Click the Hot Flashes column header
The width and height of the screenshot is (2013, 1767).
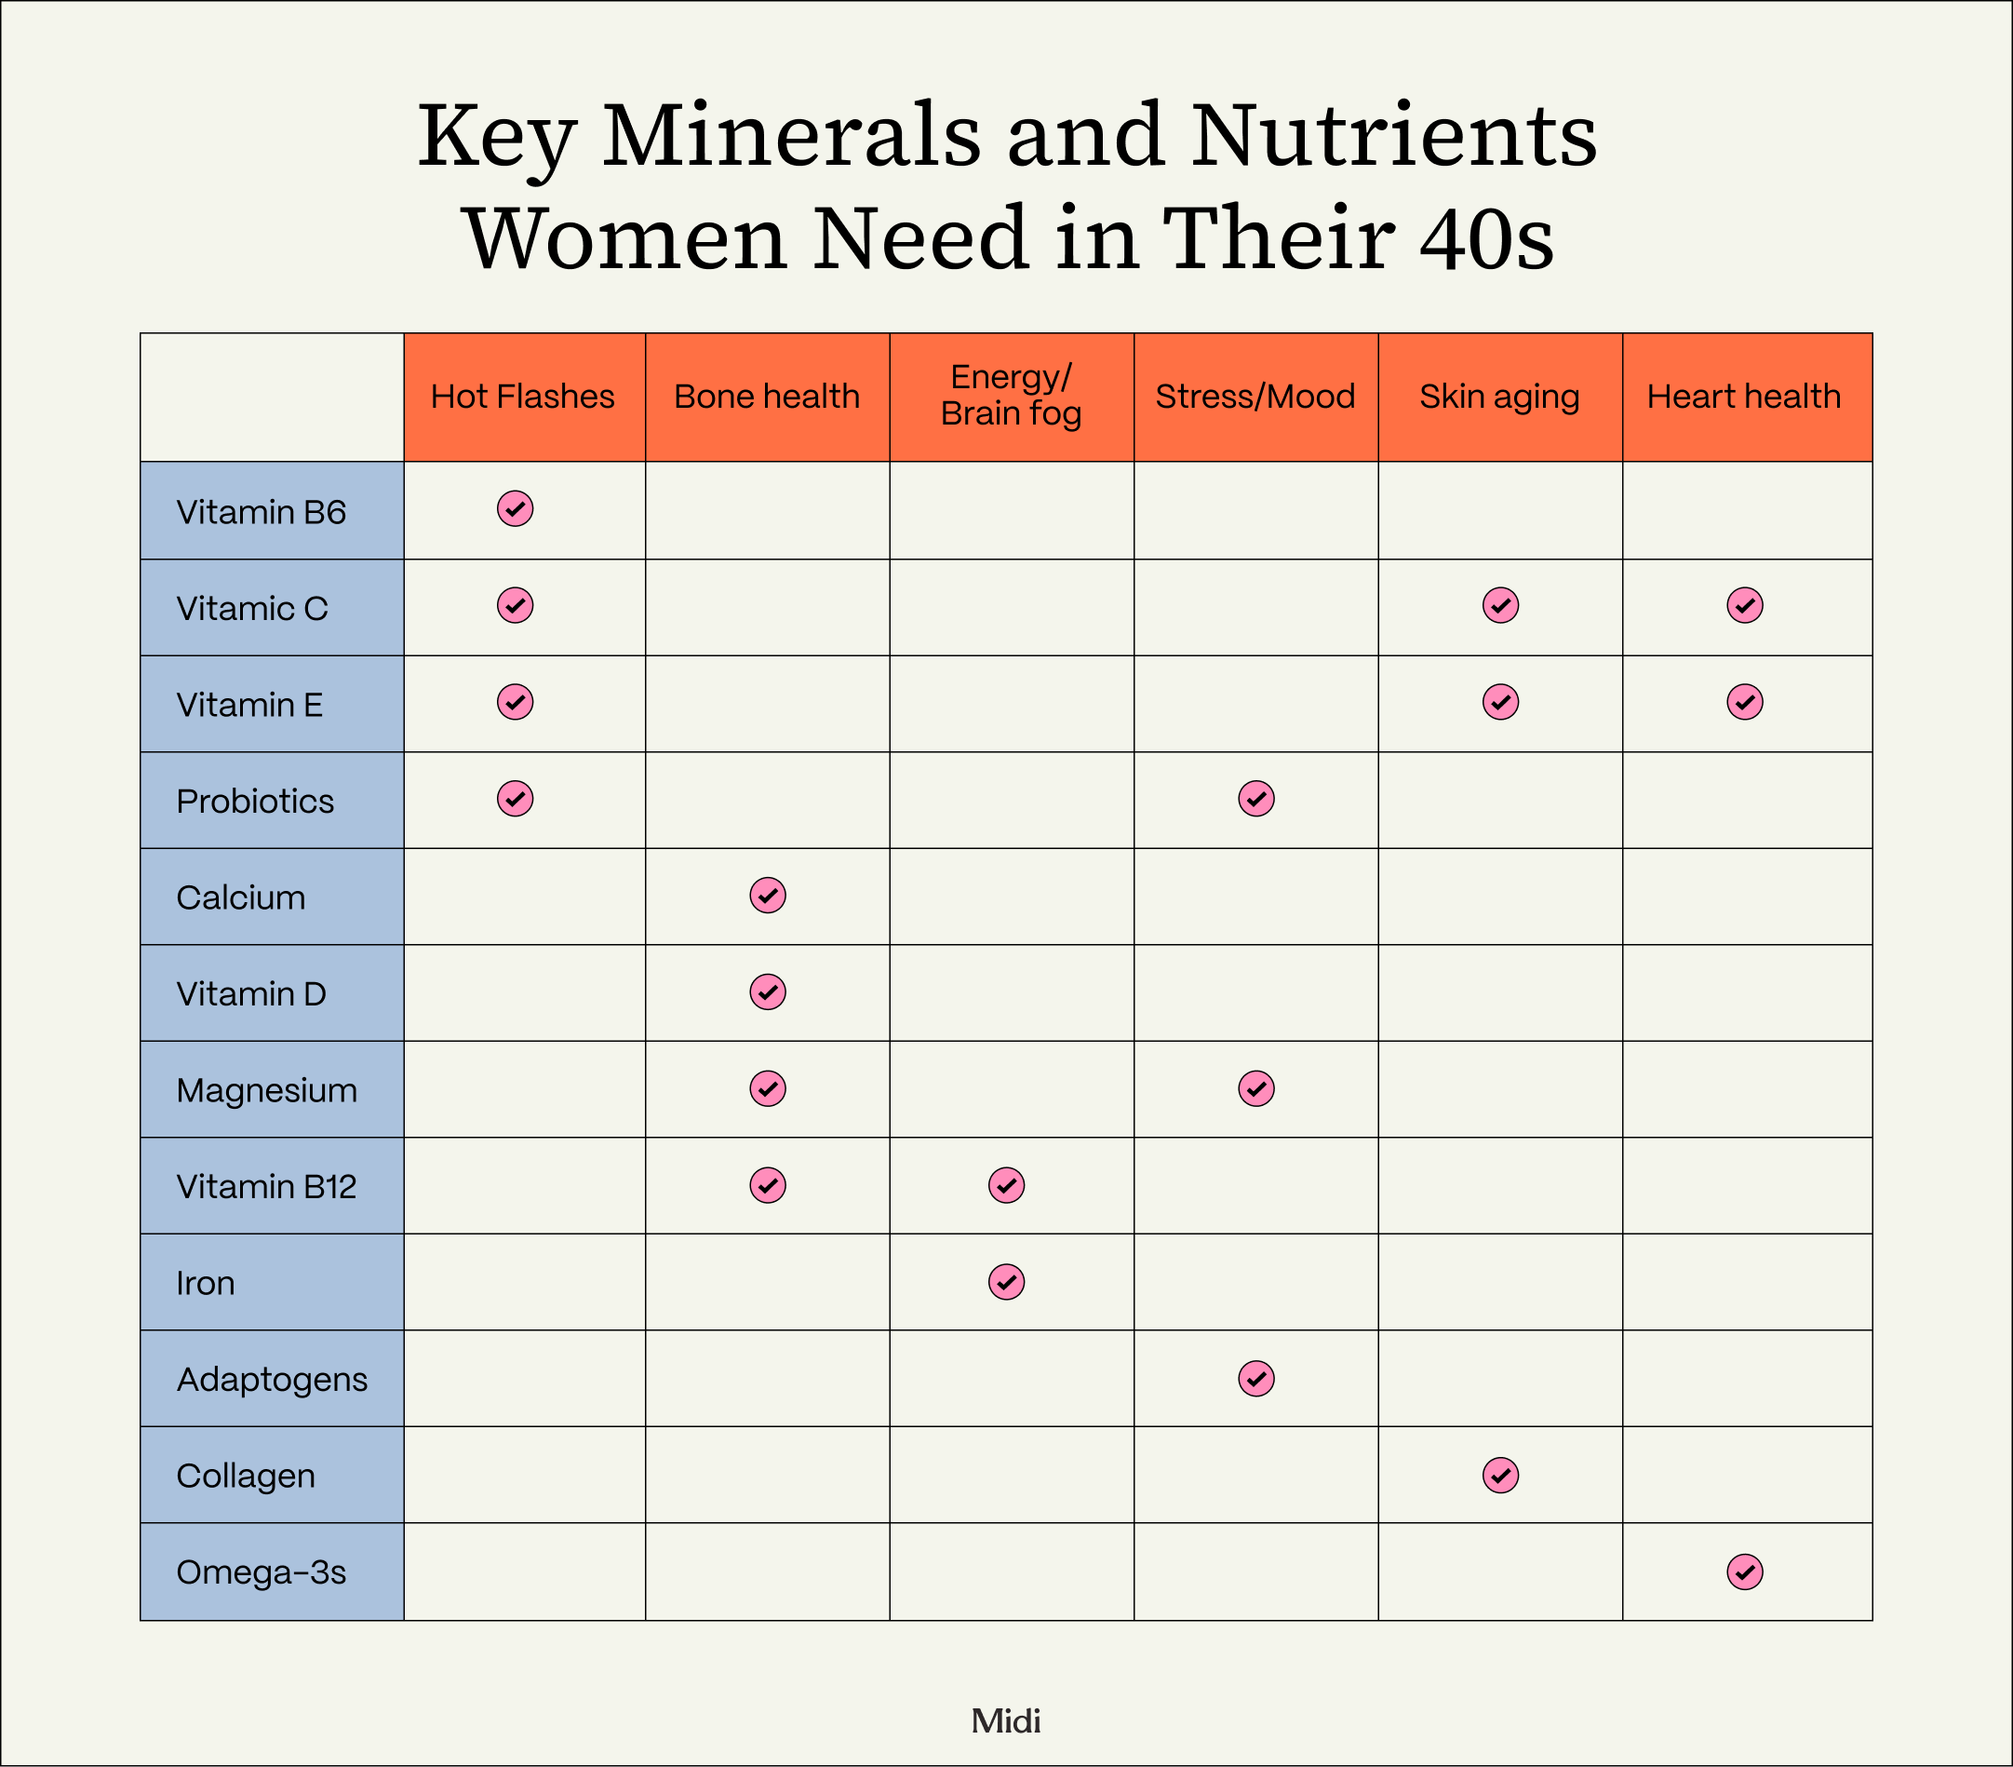tap(523, 397)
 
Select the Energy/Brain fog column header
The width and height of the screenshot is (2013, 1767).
tap(1011, 396)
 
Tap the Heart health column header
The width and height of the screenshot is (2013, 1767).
tap(1744, 397)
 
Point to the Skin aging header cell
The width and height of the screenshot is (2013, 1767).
tap(1499, 397)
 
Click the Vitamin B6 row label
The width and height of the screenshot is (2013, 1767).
tap(261, 512)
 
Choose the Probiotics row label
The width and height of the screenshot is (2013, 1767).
tap(255, 801)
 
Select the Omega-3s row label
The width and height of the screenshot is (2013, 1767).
tap(261, 1572)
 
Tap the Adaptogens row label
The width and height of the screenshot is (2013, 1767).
tap(272, 1379)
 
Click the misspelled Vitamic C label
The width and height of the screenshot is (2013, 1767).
tap(252, 609)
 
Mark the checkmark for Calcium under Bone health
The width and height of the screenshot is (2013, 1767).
tap(767, 896)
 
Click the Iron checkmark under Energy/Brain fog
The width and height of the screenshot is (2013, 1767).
tap(1007, 1281)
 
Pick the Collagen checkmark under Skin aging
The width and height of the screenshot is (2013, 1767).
tap(1500, 1475)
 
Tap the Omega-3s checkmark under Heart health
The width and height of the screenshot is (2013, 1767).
tap(1744, 1571)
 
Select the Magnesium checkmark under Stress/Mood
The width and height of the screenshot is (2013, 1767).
tap(1255, 1088)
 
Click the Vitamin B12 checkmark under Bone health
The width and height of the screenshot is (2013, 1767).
tap(767, 1185)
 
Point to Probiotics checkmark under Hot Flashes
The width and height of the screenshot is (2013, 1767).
tap(515, 799)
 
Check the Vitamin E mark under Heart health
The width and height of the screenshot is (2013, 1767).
tap(1744, 702)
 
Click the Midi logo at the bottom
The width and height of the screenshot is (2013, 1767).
tap(1005, 1720)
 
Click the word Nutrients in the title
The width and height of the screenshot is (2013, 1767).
tap(1392, 136)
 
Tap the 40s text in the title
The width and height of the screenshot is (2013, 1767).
tap(1486, 239)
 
